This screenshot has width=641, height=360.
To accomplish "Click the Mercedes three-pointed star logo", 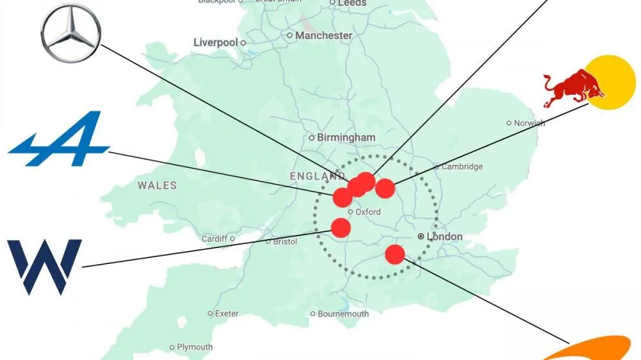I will (x=71, y=33).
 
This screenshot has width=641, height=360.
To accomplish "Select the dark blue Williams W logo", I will (x=44, y=266).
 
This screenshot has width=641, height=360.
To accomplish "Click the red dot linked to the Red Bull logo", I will (x=385, y=188).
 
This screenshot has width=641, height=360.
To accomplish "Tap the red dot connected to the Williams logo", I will (x=341, y=227).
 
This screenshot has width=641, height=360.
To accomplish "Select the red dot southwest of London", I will (x=395, y=254).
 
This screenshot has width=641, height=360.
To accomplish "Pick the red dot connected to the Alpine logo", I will (x=342, y=197).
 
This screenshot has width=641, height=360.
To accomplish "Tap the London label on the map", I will (x=444, y=236).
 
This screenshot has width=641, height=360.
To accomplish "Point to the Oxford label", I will (x=368, y=211).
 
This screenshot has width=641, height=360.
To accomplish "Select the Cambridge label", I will (x=462, y=167).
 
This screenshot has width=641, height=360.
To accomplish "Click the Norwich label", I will (x=529, y=122).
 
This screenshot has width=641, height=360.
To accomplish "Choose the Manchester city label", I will (x=324, y=36).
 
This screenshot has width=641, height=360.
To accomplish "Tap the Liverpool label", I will (x=215, y=42).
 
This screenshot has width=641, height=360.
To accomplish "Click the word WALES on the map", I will (x=157, y=185).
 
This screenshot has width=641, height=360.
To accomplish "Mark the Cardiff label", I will (x=214, y=239).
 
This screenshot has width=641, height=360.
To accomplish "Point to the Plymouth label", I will (x=195, y=347).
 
